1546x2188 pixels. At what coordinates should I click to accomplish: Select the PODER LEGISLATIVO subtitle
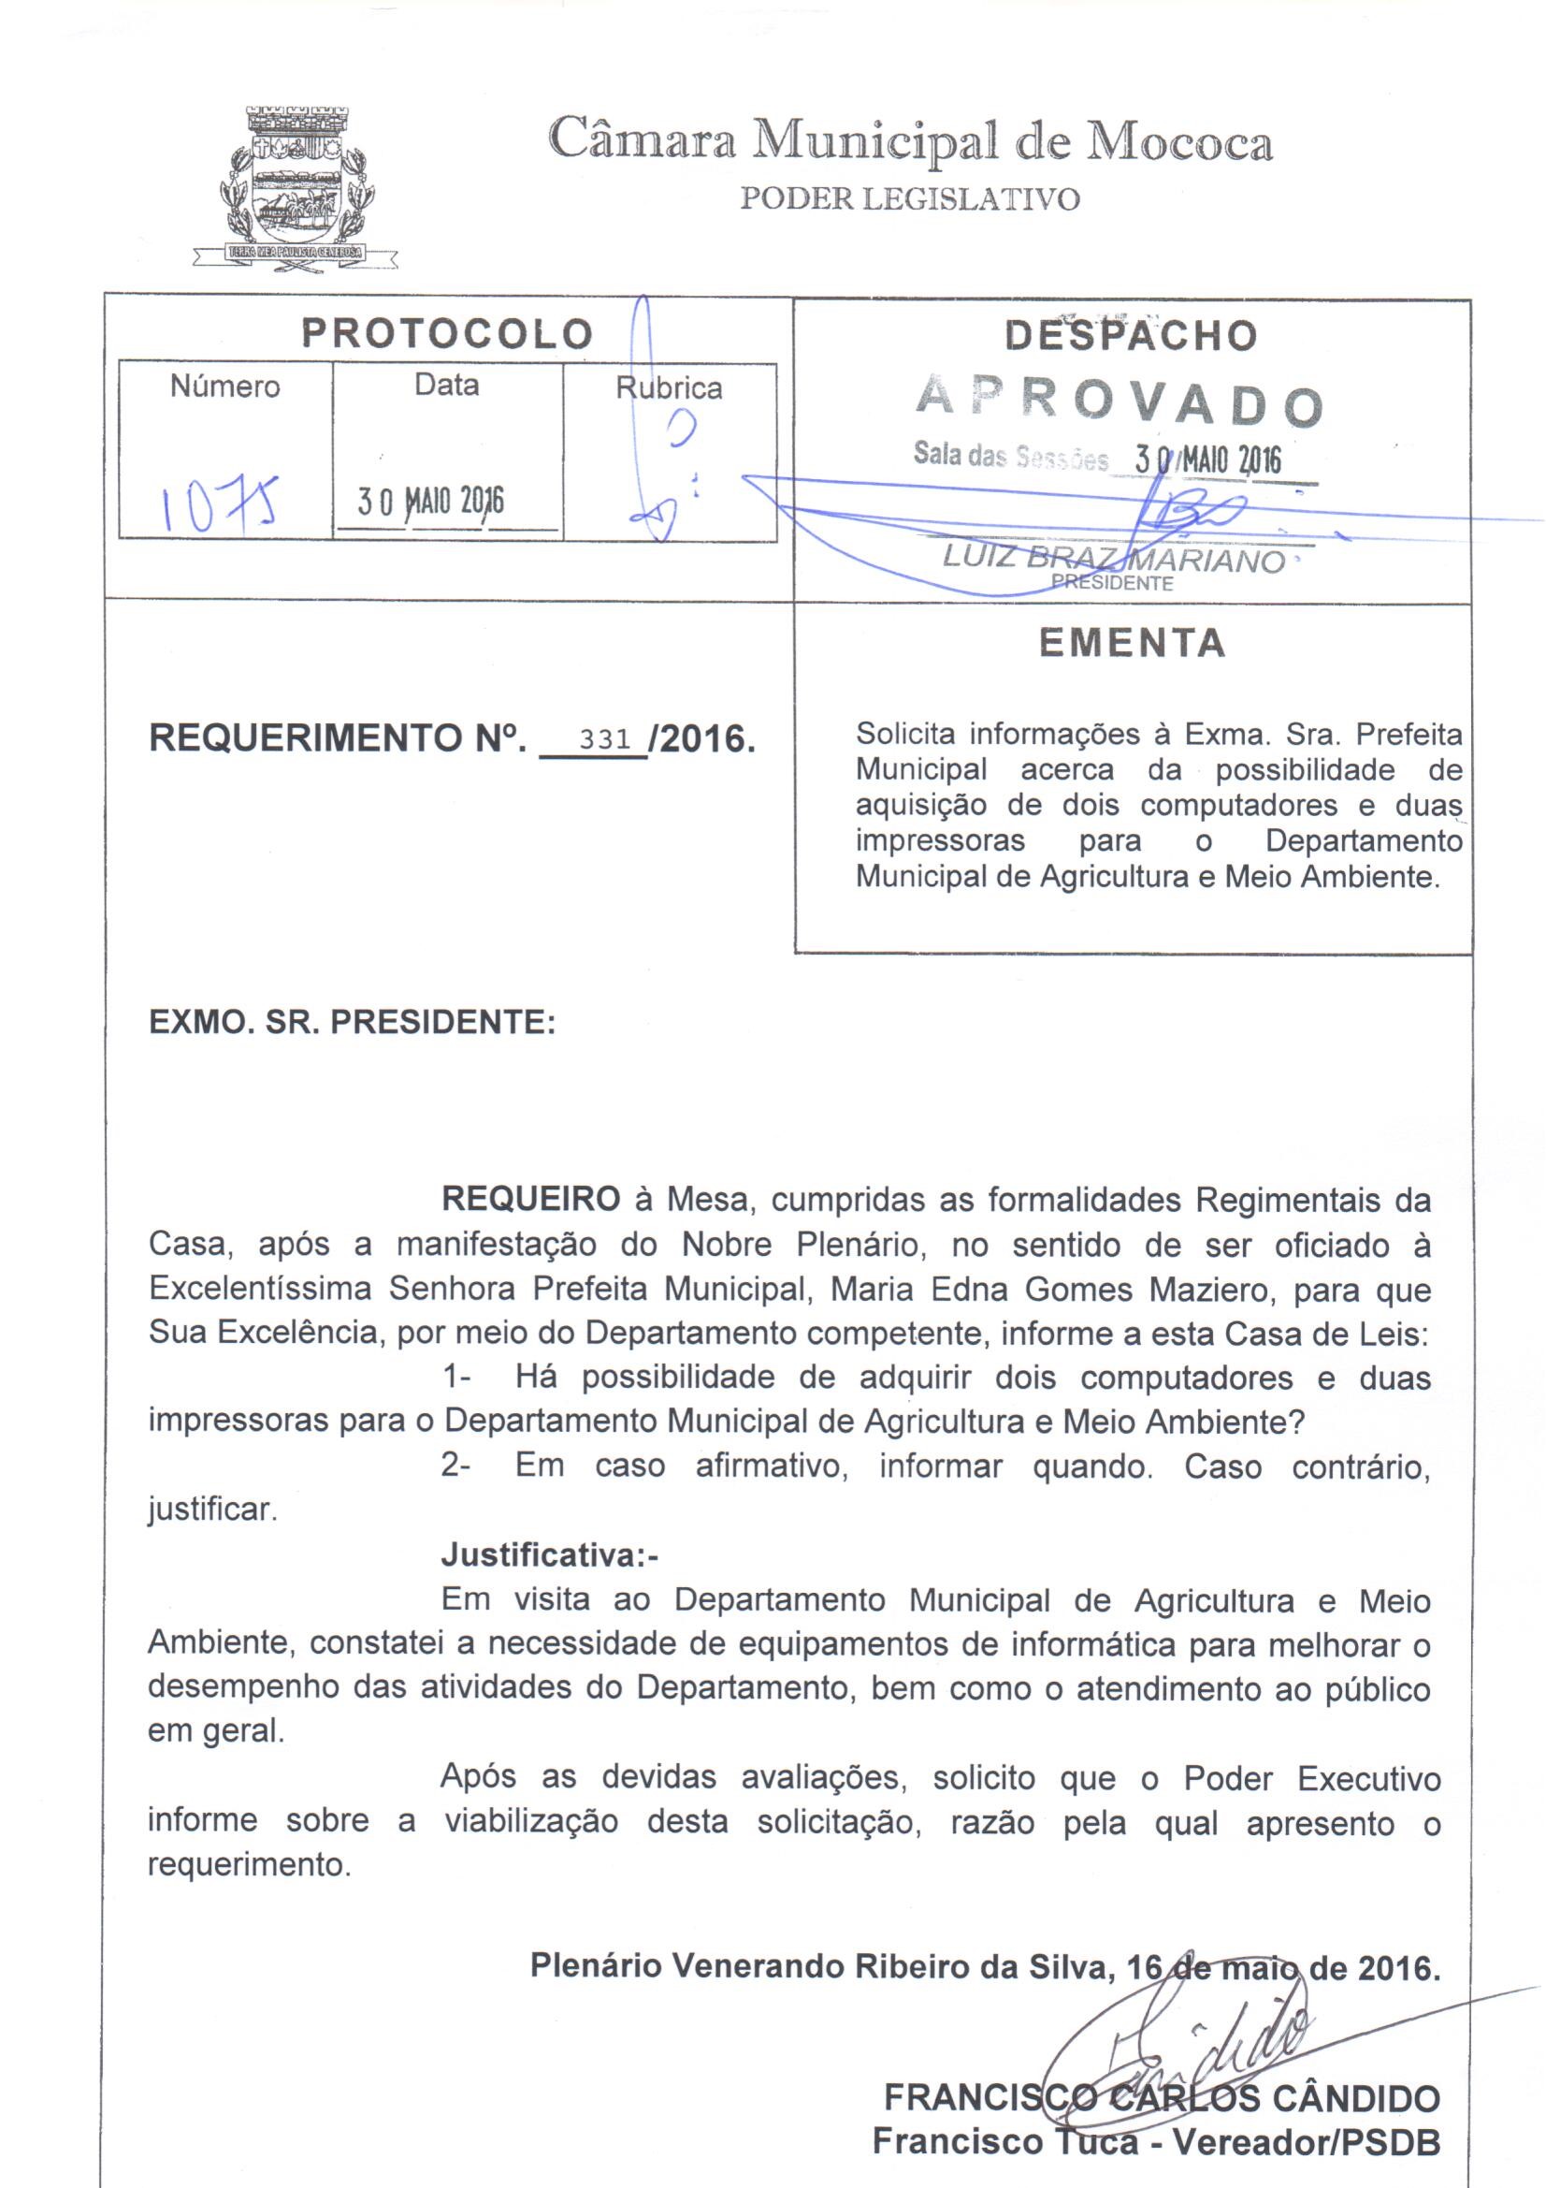(x=910, y=199)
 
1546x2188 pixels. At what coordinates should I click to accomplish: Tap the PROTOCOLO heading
(x=448, y=333)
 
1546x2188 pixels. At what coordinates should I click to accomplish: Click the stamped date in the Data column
(x=430, y=502)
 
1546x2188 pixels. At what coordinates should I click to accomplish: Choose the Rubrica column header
(x=669, y=387)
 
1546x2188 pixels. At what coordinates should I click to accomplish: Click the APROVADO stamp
(x=1120, y=402)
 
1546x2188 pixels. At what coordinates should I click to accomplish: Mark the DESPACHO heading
(x=1131, y=335)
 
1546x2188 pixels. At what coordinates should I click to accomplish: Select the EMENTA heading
(x=1133, y=643)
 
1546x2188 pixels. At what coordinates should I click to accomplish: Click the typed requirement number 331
(x=605, y=737)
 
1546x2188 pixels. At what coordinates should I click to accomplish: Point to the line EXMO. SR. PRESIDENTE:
(x=353, y=1023)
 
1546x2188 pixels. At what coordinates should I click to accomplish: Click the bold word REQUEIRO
(x=530, y=1200)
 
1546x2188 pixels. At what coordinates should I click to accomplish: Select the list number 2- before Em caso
(x=456, y=1466)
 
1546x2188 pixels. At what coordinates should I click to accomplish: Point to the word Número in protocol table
(x=224, y=387)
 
